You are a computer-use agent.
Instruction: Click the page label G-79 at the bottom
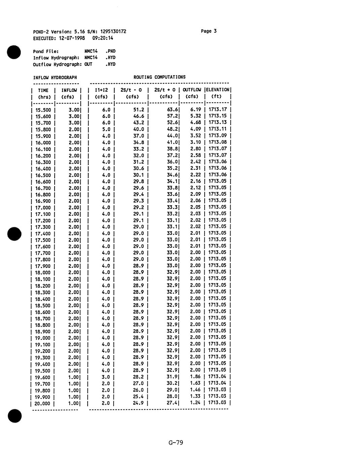[x=176, y=442]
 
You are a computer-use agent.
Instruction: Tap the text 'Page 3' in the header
[x=209, y=31]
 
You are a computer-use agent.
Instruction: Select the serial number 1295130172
[x=113, y=31]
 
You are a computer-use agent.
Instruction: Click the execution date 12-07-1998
[x=72, y=38]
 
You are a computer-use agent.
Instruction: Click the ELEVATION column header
[x=218, y=90]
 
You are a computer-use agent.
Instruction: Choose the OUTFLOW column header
[x=192, y=90]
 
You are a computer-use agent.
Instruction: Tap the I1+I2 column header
[x=101, y=90]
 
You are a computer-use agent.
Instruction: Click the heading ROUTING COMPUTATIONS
[x=159, y=77]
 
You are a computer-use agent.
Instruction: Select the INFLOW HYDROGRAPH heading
[x=55, y=77]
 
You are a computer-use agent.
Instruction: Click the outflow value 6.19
[x=196, y=110]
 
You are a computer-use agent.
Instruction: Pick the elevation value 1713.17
[x=218, y=110]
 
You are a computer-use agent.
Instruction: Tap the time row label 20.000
[x=42, y=403]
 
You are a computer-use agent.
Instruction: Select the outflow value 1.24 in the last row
[x=196, y=403]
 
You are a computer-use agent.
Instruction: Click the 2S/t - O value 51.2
[x=139, y=110]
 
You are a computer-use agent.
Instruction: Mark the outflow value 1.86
[x=196, y=377]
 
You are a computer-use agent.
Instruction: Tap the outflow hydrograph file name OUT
[x=88, y=64]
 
